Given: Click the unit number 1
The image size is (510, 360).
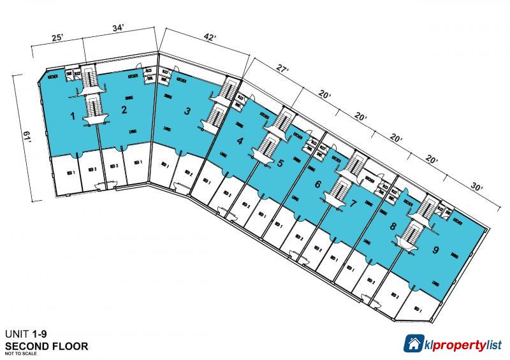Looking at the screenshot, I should pos(73,116).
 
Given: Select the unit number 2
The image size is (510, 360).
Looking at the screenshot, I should pos(124,110).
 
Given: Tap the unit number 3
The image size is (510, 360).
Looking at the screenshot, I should pos(187,112).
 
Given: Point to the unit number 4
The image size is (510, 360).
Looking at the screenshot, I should pos(240,141).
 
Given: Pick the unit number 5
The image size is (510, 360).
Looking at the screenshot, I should pos(280,162).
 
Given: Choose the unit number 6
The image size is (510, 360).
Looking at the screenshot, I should pos(317,185).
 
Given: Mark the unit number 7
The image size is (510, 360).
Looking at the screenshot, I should pos(354,204).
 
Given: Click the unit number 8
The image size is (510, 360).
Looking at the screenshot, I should pos(393,226).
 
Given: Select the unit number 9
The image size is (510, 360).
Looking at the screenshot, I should pos(435,250).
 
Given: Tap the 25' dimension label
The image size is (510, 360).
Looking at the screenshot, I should pos(57,38).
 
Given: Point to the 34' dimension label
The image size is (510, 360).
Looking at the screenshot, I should pos(117,28).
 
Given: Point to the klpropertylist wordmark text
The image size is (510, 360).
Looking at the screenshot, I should pos(463,344).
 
